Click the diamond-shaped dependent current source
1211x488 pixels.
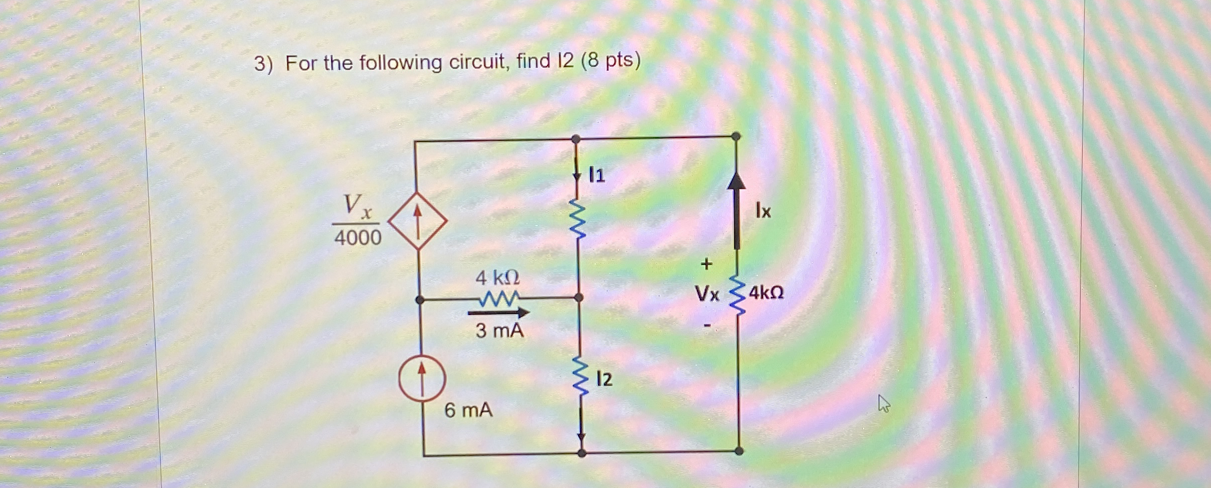click(417, 221)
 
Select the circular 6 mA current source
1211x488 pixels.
click(422, 378)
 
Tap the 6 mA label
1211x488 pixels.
click(468, 410)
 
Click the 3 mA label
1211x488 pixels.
click(499, 330)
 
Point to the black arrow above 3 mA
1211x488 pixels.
click(498, 313)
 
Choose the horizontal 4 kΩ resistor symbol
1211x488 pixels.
click(499, 299)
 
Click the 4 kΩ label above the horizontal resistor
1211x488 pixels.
click(497, 278)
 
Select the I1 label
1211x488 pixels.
click(597, 175)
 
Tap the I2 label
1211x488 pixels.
click(604, 379)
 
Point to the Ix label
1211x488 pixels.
click(763, 211)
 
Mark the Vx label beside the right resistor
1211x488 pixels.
click(707, 295)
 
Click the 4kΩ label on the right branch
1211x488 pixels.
click(766, 293)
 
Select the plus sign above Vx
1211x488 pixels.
click(706, 264)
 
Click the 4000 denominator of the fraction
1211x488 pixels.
click(358, 238)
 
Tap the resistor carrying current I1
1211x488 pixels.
click(577, 220)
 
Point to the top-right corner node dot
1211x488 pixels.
click(736, 136)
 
